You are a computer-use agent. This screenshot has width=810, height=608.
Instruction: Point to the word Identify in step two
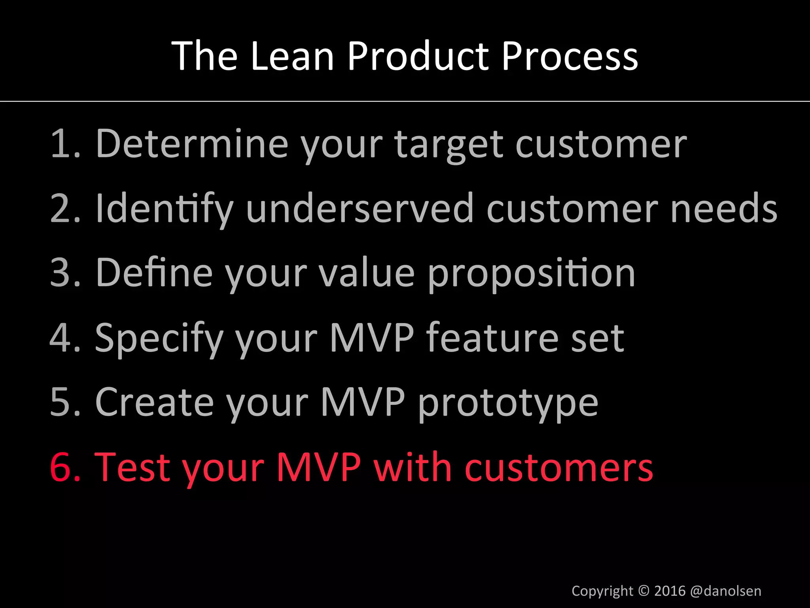165,209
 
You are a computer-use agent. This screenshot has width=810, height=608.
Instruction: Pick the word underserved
360,209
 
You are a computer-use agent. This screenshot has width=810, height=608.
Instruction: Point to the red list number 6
61,467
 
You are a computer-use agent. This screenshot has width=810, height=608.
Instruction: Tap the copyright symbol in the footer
644,591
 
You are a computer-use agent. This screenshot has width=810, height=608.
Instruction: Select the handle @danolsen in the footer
725,591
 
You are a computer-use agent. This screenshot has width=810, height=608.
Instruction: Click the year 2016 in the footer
670,591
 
